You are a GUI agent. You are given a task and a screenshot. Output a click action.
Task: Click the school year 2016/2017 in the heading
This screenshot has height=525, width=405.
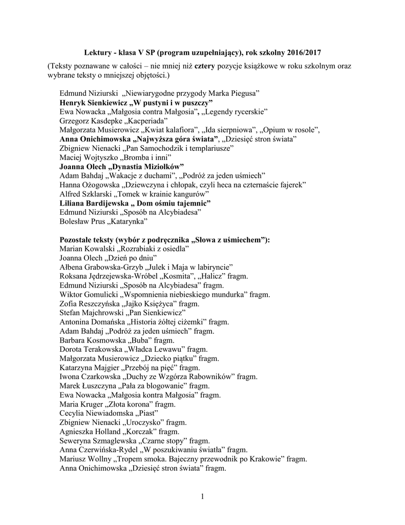tap(304, 53)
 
